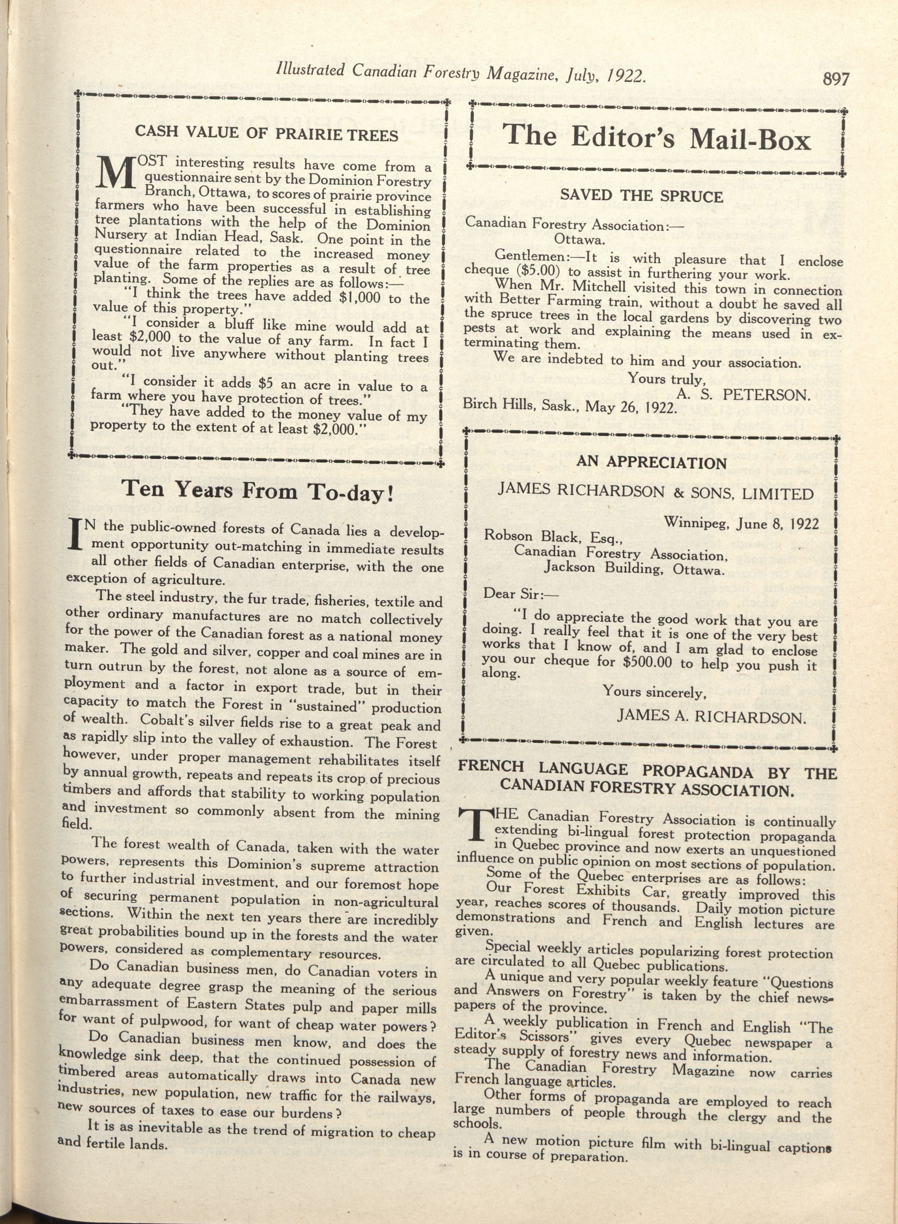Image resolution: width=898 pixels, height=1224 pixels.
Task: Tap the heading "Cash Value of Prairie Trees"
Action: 266,133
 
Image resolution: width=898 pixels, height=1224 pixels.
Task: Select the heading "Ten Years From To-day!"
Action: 257,491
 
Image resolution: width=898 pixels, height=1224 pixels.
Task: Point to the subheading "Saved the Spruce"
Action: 641,196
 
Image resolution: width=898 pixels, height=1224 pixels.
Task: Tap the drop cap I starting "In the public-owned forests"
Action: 76,534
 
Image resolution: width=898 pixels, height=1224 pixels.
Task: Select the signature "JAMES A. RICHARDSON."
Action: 711,717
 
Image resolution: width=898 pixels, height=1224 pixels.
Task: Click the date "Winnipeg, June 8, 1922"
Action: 740,523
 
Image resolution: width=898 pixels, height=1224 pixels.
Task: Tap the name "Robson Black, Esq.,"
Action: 553,537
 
